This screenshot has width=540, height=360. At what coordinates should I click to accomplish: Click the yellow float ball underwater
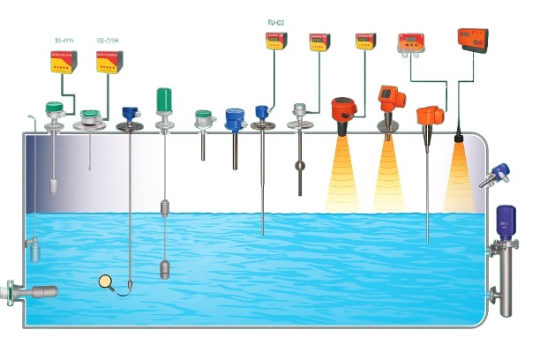108,283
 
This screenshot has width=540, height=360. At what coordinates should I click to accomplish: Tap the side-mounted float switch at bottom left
35,291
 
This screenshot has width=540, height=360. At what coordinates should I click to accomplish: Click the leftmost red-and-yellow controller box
63,61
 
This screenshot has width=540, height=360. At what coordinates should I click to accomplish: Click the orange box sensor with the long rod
430,115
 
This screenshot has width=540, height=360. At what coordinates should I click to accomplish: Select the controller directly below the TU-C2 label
276,41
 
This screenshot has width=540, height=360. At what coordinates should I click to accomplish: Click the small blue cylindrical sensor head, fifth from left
234,119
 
